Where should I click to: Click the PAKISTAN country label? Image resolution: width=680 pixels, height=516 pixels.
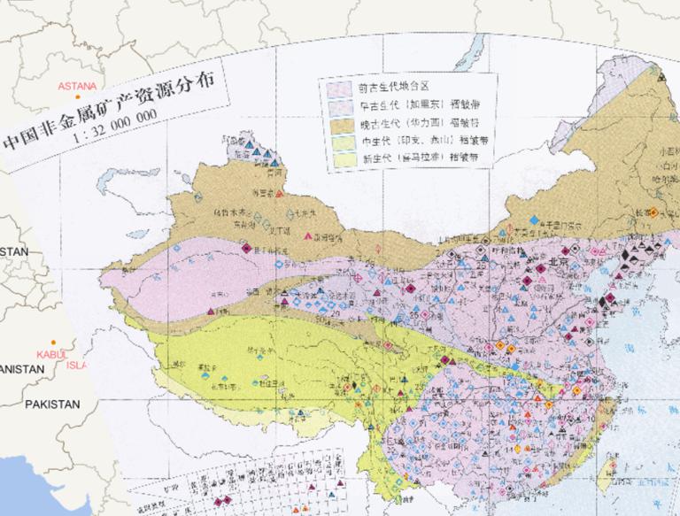pyautogui.click(x=52, y=404)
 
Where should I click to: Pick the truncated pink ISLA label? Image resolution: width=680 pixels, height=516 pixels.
pyautogui.click(x=78, y=364)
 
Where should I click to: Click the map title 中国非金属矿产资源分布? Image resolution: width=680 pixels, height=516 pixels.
pyautogui.click(x=115, y=112)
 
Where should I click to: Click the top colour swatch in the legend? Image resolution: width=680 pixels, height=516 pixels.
pyautogui.click(x=338, y=88)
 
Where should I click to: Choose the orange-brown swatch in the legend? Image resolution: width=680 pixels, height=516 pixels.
pyautogui.click(x=338, y=123)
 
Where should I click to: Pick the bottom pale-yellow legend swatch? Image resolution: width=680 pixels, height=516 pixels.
pyautogui.click(x=338, y=158)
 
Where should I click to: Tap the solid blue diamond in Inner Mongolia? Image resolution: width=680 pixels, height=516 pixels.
pyautogui.click(x=534, y=219)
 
